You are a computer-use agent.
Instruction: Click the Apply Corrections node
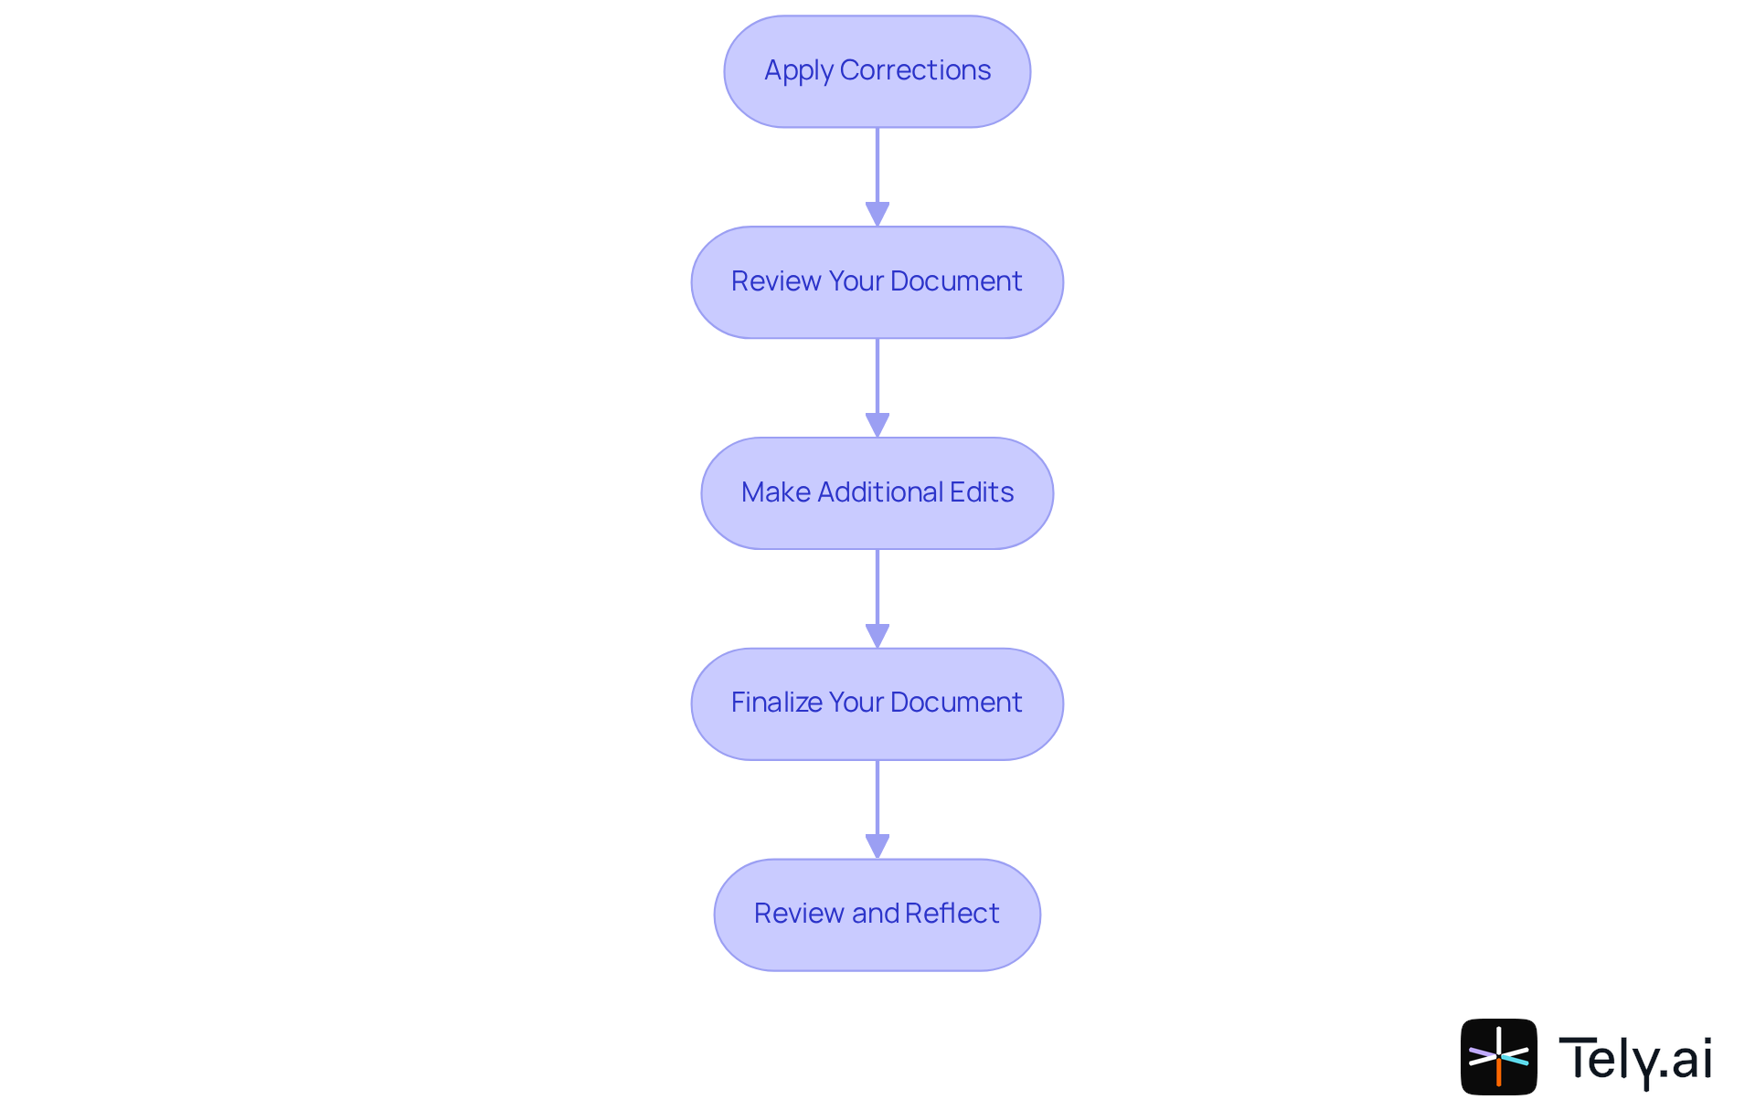click(x=877, y=71)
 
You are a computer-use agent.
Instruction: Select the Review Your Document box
click(x=877, y=282)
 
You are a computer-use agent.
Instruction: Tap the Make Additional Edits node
click(x=877, y=493)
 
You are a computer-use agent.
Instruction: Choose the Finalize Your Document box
click(x=877, y=703)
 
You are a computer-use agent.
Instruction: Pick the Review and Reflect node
click(x=877, y=914)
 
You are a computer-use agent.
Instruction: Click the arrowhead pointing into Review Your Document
click(x=877, y=214)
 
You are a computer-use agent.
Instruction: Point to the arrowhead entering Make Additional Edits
click(x=877, y=425)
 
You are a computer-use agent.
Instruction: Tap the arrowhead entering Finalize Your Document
click(x=877, y=636)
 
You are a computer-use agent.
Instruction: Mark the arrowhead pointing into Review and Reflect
click(x=877, y=846)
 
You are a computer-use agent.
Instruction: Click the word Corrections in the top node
click(x=915, y=70)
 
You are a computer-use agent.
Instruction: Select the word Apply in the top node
click(x=798, y=71)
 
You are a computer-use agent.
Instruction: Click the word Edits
click(x=982, y=492)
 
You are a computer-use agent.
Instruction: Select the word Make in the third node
click(x=775, y=492)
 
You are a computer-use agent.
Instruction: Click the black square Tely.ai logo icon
click(x=1498, y=1056)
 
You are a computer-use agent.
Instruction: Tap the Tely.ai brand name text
click(x=1634, y=1059)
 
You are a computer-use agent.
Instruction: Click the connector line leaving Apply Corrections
click(x=877, y=164)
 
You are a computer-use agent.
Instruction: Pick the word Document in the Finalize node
click(x=955, y=703)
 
